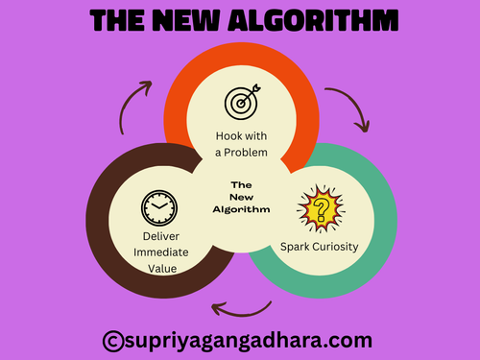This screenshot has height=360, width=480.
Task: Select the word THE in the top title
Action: (x=120, y=20)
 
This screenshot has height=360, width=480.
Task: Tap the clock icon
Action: (x=158, y=207)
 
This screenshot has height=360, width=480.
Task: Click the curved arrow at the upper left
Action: (x=134, y=104)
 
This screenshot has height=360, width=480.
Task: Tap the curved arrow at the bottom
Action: (x=241, y=307)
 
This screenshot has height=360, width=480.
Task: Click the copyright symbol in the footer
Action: (x=113, y=339)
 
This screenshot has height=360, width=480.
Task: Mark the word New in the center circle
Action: (x=242, y=197)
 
